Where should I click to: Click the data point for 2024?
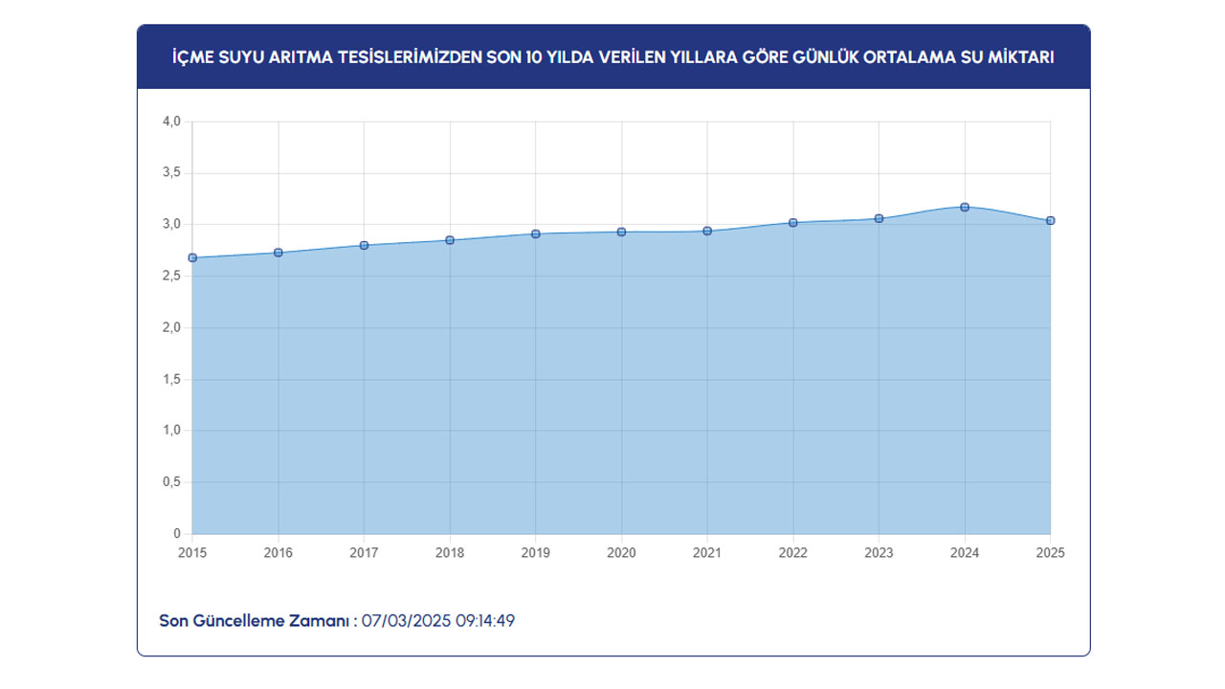point(965,207)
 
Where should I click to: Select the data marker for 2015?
point(192,257)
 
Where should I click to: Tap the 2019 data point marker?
point(536,233)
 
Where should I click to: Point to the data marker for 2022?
point(793,222)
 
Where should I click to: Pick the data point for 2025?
point(1051,221)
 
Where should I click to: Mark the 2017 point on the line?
point(364,245)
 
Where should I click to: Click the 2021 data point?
point(707,231)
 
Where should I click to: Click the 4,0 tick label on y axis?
point(171,122)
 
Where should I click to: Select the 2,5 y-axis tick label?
point(171,277)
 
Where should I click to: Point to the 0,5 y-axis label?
point(171,482)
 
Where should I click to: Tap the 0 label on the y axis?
point(177,534)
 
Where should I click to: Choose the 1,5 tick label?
point(171,380)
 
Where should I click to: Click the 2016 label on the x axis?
point(278,553)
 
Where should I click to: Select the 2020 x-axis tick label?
point(621,553)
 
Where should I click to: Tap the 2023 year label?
point(879,553)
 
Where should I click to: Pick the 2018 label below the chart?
point(450,553)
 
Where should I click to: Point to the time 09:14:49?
point(485,621)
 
